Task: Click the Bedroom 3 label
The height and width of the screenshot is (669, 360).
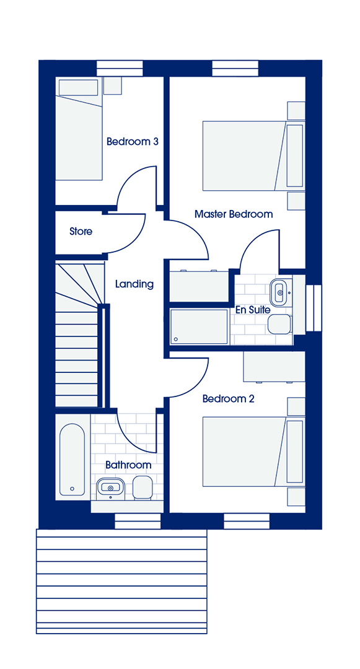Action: click(132, 141)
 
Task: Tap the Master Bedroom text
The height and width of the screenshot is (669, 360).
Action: click(234, 214)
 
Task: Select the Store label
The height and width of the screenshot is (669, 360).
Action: click(81, 232)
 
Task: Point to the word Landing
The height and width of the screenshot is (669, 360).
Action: click(134, 284)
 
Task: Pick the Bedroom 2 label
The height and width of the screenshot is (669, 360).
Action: click(228, 399)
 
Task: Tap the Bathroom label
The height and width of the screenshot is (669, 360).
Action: click(128, 465)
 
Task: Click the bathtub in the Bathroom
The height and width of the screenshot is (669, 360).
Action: click(72, 459)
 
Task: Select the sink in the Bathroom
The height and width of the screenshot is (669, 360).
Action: click(110, 488)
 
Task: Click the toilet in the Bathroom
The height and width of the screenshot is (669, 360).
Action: click(142, 488)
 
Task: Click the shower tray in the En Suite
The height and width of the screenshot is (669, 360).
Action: click(200, 327)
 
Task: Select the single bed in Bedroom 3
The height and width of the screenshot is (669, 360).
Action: click(79, 128)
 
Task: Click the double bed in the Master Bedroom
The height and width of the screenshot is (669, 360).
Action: click(253, 155)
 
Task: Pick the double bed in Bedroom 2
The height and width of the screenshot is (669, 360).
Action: click(253, 452)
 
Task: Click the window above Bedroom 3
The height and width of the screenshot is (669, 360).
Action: click(120, 69)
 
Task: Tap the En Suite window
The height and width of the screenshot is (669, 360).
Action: click(314, 308)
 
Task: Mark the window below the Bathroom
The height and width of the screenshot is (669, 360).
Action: click(138, 522)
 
